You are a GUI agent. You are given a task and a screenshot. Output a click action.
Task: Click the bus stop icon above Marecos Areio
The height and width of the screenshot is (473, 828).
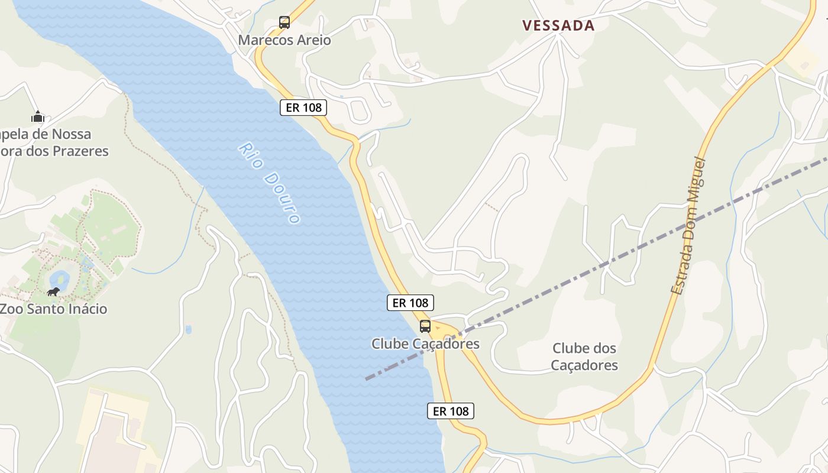coord(284,22)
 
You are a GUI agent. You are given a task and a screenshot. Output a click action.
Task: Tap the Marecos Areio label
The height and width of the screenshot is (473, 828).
coord(284,40)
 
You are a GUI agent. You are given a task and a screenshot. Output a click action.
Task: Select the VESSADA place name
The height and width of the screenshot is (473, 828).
coord(558,25)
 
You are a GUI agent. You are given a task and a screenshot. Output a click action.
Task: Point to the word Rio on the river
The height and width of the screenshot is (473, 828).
coord(250,155)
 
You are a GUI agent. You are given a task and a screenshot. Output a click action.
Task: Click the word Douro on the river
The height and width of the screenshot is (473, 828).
coord(282,197)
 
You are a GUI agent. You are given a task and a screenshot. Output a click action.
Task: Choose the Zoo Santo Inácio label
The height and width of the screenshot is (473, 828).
coord(53,309)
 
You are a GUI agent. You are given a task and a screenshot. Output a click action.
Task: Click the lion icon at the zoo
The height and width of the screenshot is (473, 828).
coord(53,291)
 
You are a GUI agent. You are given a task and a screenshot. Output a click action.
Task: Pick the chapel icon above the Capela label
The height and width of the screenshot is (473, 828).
coord(38,116)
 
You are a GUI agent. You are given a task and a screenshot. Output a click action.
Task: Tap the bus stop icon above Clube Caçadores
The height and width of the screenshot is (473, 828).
coord(425,326)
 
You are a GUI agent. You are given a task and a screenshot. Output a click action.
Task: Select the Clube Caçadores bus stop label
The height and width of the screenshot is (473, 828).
coord(425,344)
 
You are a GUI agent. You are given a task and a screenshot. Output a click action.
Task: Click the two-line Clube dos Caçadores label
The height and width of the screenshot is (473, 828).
coord(584,357)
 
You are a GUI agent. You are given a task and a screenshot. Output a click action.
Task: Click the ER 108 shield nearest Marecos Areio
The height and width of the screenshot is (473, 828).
coord(303,107)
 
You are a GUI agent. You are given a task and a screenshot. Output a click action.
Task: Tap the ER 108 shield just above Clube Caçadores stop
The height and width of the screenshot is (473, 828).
coord(410,303)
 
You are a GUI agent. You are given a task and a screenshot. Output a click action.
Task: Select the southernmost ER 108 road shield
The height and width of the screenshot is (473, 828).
coord(451,411)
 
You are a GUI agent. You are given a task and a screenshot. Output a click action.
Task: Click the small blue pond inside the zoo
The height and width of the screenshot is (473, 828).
coord(59,278)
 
